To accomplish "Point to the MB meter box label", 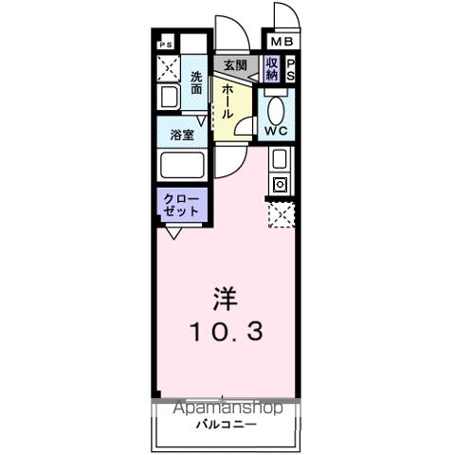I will coord(282,43).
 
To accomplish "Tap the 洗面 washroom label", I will coord(196,82).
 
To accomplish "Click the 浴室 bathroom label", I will coord(183,135).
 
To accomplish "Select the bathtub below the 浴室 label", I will coord(183,166).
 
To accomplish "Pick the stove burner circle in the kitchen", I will coord(280,185).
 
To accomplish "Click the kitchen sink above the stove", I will coord(280,159).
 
